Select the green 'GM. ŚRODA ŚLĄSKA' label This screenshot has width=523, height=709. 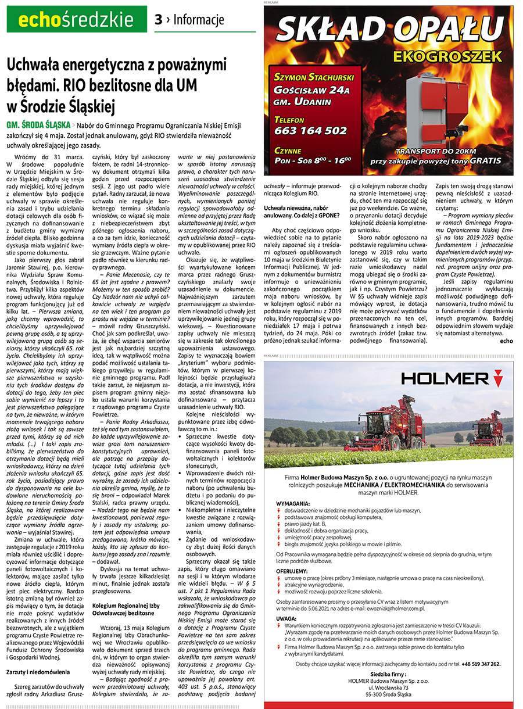(x=38, y=125)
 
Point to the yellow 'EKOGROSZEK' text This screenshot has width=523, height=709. (x=447, y=56)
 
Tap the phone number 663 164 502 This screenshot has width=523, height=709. (x=310, y=130)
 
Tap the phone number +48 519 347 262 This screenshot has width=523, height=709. (x=474, y=663)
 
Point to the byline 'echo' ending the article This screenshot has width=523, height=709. (x=506, y=341)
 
